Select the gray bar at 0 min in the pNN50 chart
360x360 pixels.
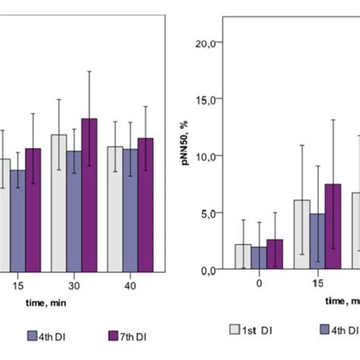point(243,257)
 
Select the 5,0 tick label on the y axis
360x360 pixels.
point(212,213)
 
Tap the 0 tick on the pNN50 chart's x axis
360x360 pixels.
point(259,283)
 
